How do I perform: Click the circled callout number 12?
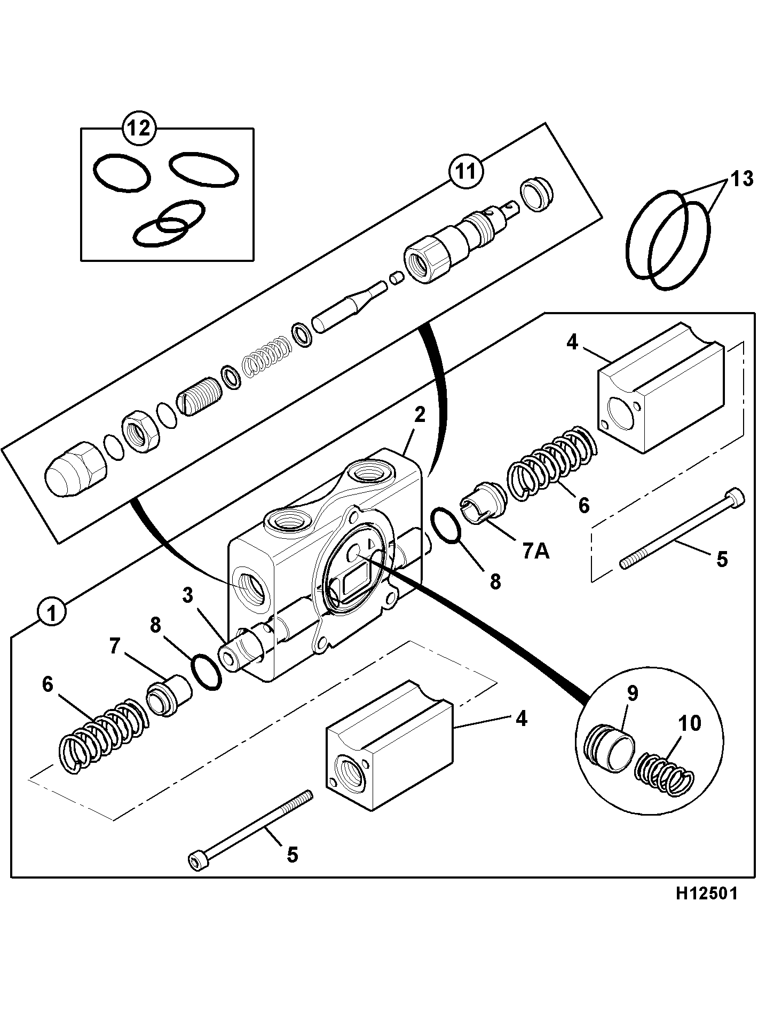(140, 129)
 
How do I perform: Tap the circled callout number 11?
(466, 172)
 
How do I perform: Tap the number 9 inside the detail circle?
(632, 693)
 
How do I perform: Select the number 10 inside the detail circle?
(690, 723)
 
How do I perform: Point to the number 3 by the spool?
(187, 596)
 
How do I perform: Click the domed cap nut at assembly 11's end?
(74, 469)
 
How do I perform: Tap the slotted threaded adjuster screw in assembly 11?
(198, 398)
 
